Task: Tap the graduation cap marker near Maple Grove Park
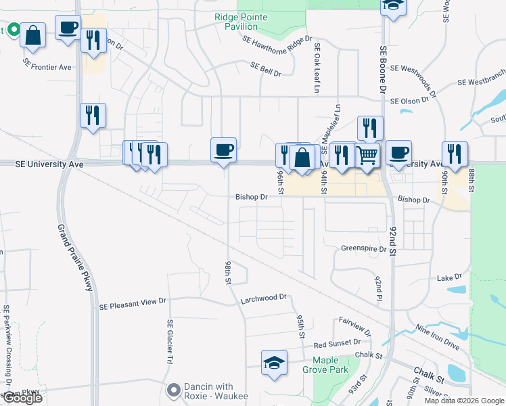pyautogui.click(x=274, y=362)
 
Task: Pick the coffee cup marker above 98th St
pyautogui.click(x=223, y=150)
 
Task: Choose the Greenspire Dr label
pyautogui.click(x=364, y=248)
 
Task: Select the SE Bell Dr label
pyautogui.click(x=265, y=68)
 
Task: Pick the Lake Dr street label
pyautogui.click(x=449, y=277)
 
